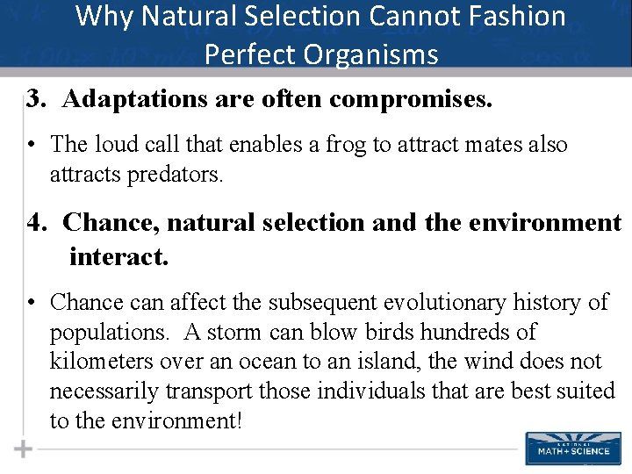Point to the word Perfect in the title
point(245,55)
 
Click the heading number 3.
point(36,99)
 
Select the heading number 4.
point(36,223)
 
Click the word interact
point(118,257)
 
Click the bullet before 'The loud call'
point(31,145)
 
